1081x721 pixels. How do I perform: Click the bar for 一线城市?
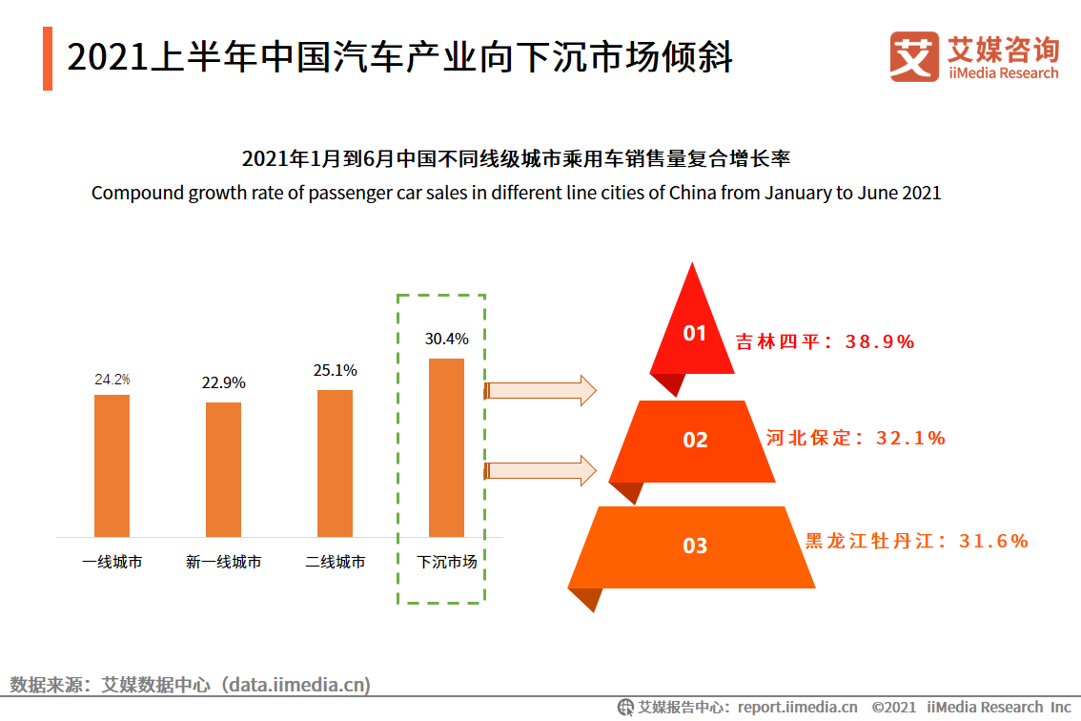[x=112, y=465]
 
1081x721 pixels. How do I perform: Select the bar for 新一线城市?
[x=223, y=469]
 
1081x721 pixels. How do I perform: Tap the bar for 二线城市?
[x=335, y=463]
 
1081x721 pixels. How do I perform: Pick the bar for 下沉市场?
[x=446, y=447]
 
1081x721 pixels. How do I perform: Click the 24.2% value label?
[x=112, y=380]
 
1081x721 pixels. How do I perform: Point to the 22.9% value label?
[x=223, y=383]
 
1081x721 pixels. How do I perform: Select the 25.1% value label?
[x=335, y=370]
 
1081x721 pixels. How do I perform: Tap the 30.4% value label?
[x=446, y=339]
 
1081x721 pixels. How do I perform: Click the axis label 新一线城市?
[x=223, y=563]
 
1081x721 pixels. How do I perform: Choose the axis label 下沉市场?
[x=446, y=563]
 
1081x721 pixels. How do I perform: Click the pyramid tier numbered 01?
[x=693, y=334]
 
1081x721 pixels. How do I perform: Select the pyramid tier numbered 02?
[x=694, y=440]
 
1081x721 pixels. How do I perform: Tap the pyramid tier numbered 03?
[x=694, y=546]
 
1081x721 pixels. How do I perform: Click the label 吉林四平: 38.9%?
[x=825, y=341]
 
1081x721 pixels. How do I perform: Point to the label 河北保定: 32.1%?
[x=855, y=438]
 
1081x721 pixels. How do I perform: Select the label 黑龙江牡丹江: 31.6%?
[x=916, y=541]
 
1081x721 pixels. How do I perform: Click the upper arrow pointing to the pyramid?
[x=540, y=390]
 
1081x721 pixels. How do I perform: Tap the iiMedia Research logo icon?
[x=914, y=56]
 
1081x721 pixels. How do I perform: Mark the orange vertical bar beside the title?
[x=48, y=59]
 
